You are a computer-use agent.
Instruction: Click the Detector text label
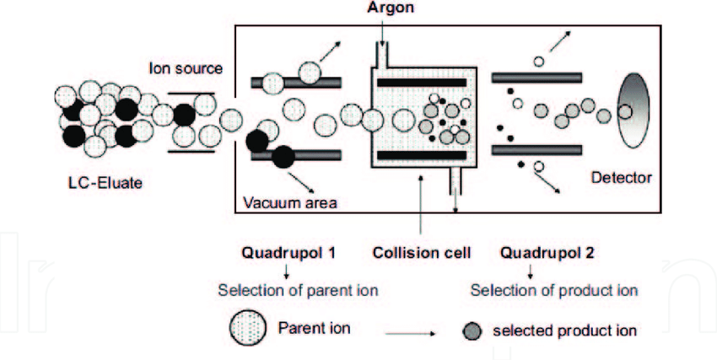[x=622, y=179]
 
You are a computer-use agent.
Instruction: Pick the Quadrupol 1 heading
[x=285, y=252]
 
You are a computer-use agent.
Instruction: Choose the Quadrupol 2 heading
[x=536, y=252]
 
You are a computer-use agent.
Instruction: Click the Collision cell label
[x=419, y=252]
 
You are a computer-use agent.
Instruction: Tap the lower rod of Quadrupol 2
[x=536, y=149]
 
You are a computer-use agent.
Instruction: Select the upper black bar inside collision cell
[x=420, y=83]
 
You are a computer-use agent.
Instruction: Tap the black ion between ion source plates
[x=184, y=116]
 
